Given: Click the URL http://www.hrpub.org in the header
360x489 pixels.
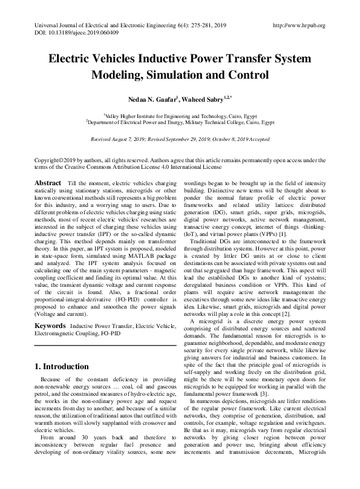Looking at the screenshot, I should [299, 25].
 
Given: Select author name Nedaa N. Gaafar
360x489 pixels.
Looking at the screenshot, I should [145, 99].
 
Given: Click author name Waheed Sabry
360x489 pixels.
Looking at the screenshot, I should [205, 99].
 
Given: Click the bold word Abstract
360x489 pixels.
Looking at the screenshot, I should [47, 183].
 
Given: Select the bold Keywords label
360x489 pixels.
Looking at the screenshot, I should [50, 326].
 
